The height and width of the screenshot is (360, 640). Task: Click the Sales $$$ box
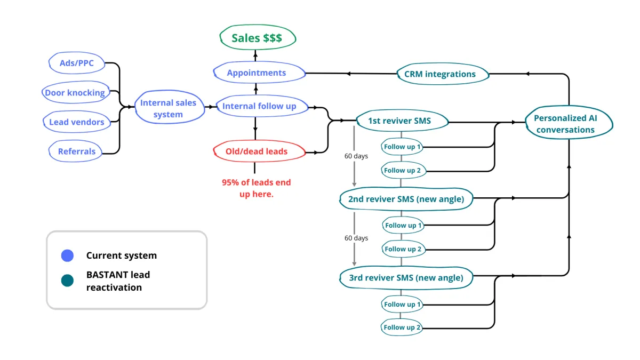pyautogui.click(x=257, y=38)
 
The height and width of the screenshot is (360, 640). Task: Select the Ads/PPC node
pyautogui.click(x=77, y=63)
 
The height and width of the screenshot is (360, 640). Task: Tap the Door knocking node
pyautogui.click(x=75, y=92)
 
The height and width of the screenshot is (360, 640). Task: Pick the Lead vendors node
pyautogui.click(x=77, y=122)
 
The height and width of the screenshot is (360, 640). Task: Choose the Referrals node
pyautogui.click(x=77, y=151)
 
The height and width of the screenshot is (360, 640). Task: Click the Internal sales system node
pyautogui.click(x=169, y=108)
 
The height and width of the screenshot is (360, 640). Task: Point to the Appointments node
pyautogui.click(x=257, y=73)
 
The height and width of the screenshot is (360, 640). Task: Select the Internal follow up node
pyautogui.click(x=259, y=106)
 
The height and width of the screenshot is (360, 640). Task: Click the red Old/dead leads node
pyautogui.click(x=257, y=151)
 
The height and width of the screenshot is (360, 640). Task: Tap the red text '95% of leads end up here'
pyautogui.click(x=257, y=188)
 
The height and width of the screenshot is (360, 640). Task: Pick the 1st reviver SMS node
pyautogui.click(x=400, y=121)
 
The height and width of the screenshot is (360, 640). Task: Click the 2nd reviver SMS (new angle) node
pyautogui.click(x=406, y=199)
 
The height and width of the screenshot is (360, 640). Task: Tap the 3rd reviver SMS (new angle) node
pyautogui.click(x=406, y=277)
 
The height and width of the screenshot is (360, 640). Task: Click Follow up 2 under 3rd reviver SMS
pyautogui.click(x=403, y=327)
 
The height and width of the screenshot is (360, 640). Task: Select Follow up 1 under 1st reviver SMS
pyautogui.click(x=403, y=147)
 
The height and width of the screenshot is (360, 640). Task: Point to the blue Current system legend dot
pyautogui.click(x=67, y=255)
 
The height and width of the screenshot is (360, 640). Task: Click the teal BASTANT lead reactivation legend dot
pyautogui.click(x=67, y=281)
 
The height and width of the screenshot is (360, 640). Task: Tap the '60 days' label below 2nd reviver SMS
pyautogui.click(x=356, y=238)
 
